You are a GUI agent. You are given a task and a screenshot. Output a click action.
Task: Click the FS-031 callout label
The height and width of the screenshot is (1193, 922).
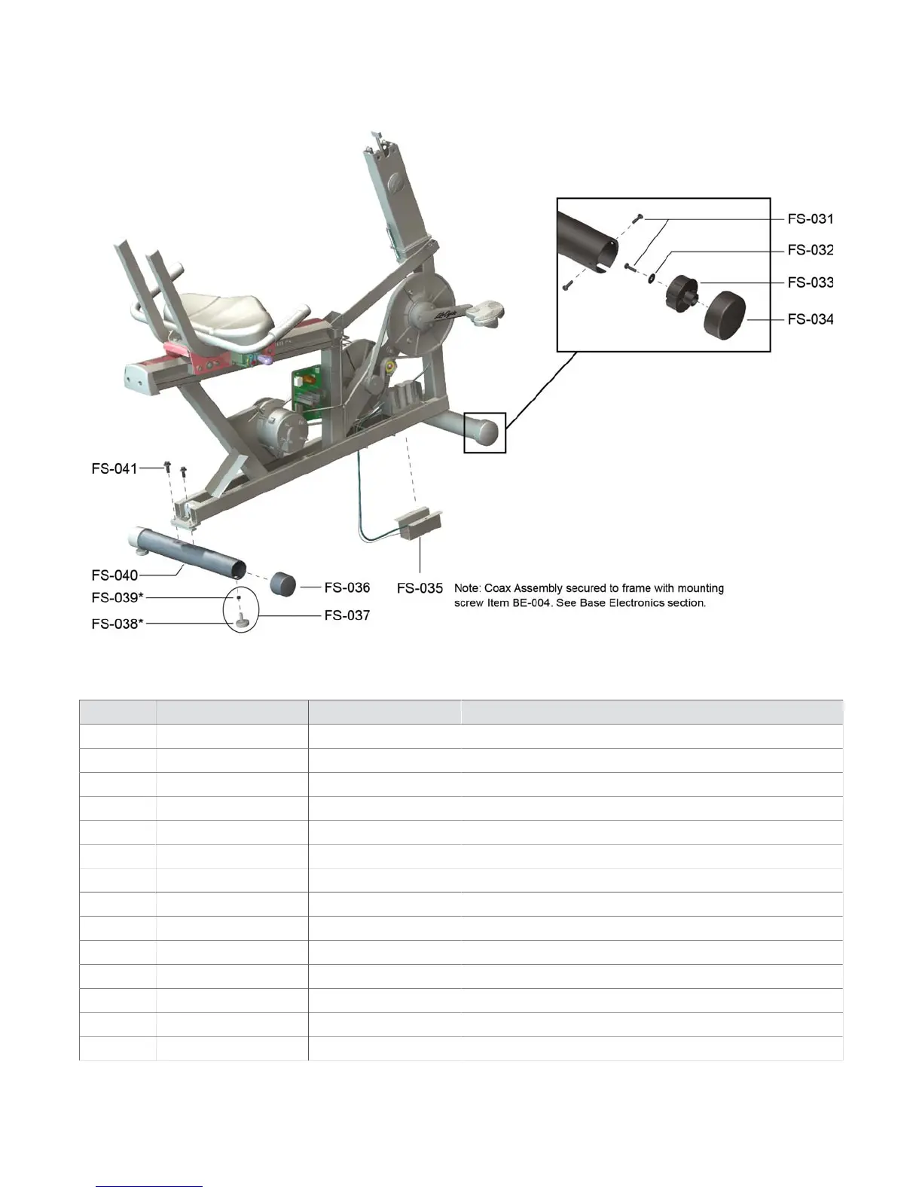(810, 219)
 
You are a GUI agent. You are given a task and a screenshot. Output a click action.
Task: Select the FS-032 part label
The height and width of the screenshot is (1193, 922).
(810, 250)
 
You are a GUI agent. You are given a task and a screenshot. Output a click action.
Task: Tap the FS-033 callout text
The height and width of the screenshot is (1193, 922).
(810, 283)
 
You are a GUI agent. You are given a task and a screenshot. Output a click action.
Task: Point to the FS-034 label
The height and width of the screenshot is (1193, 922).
(810, 319)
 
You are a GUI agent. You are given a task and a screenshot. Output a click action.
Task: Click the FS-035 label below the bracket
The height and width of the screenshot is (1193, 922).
(420, 588)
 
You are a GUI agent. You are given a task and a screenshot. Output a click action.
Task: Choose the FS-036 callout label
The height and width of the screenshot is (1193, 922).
(347, 587)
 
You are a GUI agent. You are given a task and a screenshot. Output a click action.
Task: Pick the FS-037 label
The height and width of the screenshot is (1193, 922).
(347, 615)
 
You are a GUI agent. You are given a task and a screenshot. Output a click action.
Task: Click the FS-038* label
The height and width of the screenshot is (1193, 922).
(117, 624)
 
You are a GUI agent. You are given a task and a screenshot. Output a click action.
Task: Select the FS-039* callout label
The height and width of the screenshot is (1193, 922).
(117, 598)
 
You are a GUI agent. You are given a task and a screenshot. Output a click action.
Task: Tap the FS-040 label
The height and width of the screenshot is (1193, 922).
(114, 575)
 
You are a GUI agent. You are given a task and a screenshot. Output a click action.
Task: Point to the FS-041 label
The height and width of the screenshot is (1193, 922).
(114, 469)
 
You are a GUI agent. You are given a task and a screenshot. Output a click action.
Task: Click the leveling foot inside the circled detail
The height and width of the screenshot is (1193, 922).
(242, 620)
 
